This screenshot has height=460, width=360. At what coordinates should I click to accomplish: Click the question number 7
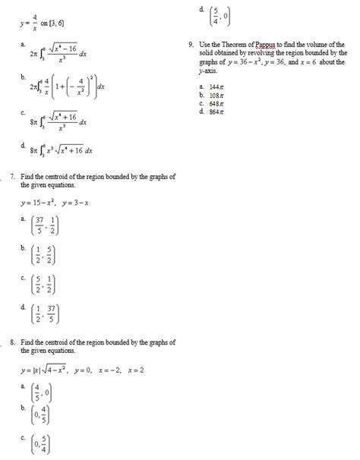click(x=7, y=178)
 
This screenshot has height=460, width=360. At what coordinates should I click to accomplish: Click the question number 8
click(x=7, y=342)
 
